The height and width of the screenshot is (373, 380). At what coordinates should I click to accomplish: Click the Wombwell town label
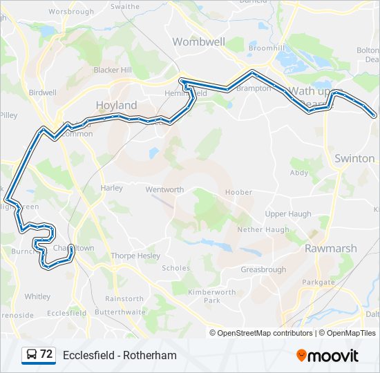pos(199,41)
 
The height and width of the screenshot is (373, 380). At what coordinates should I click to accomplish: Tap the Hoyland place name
pos(116,105)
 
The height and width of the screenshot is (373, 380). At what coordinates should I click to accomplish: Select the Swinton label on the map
pos(354,158)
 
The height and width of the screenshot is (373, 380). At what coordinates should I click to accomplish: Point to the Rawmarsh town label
pos(331,248)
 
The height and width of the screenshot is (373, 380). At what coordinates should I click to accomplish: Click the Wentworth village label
pos(164,189)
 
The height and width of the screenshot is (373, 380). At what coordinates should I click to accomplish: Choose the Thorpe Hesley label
pos(135,256)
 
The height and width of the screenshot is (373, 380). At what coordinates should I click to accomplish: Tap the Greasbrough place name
pos(263,269)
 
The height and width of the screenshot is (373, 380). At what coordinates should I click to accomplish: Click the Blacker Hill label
pos(113,70)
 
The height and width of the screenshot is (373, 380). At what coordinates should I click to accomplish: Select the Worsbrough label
pos(71,12)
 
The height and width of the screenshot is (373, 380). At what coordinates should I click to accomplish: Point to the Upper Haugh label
pos(288,214)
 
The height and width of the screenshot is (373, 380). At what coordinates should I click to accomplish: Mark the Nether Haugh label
pos(263,229)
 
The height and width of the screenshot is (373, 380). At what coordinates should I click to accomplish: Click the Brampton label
pos(253,88)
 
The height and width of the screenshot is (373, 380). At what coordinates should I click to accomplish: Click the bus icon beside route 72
pos(32,355)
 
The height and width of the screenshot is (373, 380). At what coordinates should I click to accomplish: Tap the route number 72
pos(46,354)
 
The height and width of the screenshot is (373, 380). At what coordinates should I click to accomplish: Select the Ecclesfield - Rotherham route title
pos(120,355)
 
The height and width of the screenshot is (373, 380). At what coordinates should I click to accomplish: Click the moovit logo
pos(327,355)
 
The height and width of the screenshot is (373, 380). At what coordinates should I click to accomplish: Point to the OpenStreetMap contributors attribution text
pos(265,333)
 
